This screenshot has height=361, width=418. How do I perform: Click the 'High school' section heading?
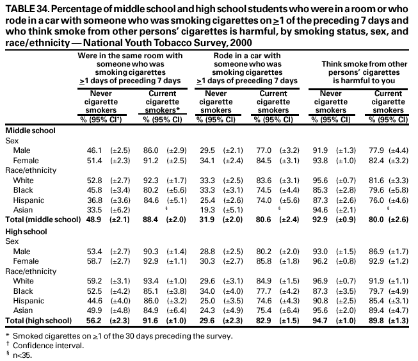click(26, 229)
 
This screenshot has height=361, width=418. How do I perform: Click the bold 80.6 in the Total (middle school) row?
click(264, 218)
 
